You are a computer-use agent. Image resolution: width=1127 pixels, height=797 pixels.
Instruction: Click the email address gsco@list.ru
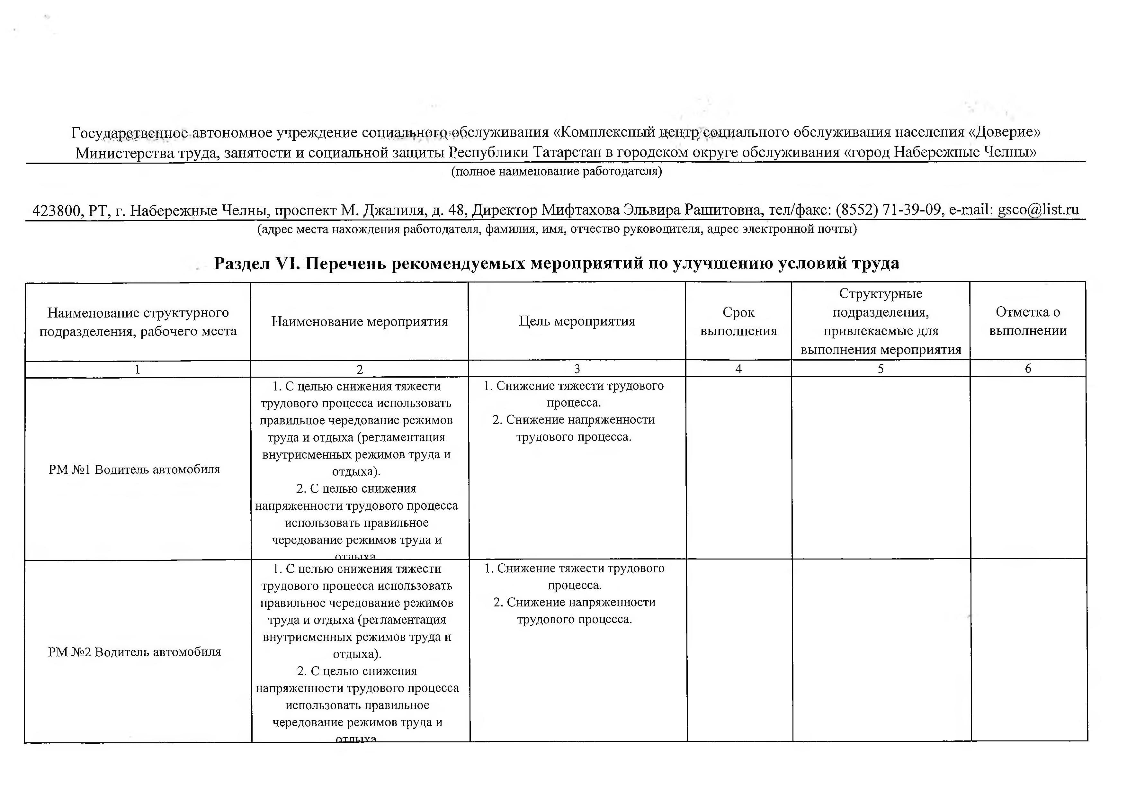(1038, 210)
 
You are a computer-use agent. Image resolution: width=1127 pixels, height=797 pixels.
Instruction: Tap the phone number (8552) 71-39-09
(889, 210)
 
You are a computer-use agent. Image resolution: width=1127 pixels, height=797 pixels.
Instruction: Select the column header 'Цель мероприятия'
(577, 321)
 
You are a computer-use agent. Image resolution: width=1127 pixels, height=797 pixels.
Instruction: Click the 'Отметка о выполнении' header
(1028, 321)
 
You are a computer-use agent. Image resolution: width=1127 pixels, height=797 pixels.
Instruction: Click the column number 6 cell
(1028, 369)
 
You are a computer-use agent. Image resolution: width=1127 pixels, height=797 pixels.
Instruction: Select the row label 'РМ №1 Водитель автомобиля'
(135, 470)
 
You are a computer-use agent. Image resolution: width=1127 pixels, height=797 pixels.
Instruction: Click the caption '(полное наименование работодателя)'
(556, 171)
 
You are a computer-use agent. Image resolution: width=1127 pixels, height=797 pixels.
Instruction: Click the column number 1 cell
(138, 369)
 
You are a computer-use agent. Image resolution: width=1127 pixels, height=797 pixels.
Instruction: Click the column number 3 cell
(577, 369)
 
